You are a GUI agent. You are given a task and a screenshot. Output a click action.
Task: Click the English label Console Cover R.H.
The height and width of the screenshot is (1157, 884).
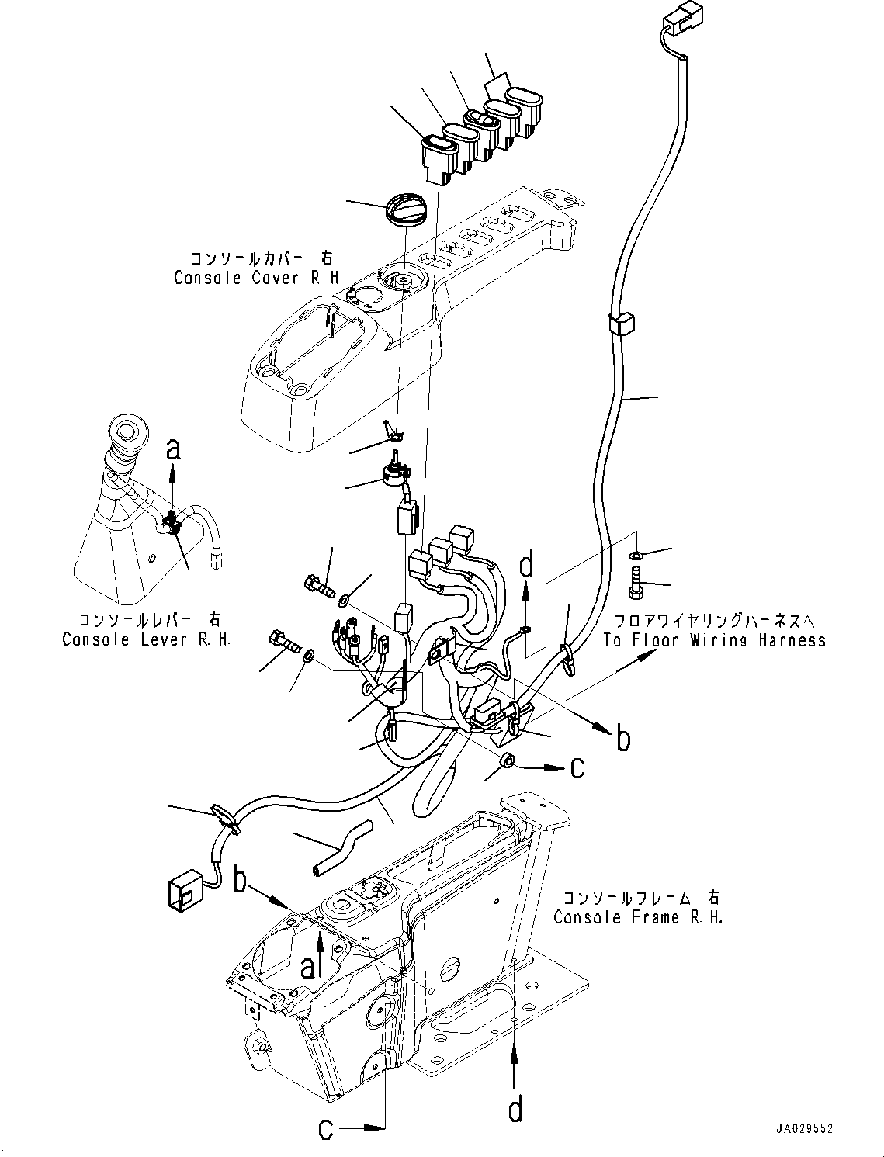pos(257,277)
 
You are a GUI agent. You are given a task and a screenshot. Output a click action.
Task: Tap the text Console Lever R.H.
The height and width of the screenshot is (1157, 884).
pos(146,639)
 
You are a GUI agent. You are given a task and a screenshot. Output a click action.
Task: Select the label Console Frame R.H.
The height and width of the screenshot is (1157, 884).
pos(638,917)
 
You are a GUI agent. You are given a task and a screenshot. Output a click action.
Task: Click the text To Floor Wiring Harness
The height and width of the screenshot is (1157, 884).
pos(715,640)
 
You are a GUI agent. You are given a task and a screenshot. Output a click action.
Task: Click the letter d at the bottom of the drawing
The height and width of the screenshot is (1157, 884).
pos(515,1110)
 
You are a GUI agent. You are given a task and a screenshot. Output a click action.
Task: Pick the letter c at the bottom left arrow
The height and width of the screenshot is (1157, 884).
pos(327,1128)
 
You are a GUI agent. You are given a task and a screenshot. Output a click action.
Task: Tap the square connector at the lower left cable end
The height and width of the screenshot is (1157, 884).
pos(185,893)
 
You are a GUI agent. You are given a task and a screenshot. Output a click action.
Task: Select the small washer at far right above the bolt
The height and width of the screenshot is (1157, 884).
pos(636,556)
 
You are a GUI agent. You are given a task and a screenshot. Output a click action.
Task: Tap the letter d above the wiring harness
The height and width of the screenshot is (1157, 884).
pos(527,566)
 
